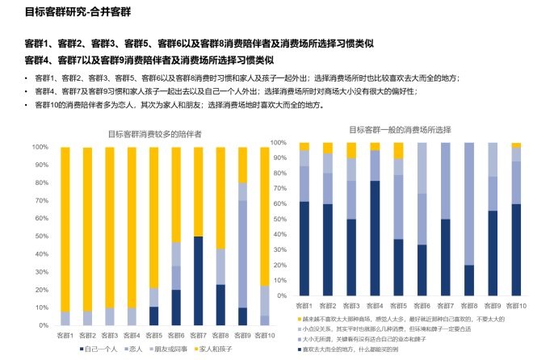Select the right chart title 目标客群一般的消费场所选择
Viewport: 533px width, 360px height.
[x=400, y=129]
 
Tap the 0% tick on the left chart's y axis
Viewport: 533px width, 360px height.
[x=40, y=325]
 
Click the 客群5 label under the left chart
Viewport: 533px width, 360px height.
[x=153, y=334]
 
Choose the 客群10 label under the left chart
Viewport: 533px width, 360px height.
[x=265, y=334]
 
